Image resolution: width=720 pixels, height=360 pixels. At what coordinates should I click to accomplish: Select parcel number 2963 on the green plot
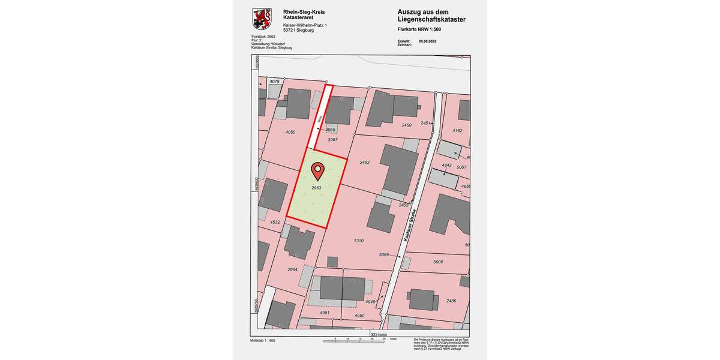[x=316, y=188]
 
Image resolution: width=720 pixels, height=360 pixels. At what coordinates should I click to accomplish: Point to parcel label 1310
[x=359, y=241]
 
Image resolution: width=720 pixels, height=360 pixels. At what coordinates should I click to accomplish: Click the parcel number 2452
[x=364, y=163]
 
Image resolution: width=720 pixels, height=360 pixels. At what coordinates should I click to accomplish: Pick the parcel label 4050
[x=290, y=132]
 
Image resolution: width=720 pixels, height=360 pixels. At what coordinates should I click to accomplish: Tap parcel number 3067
[x=332, y=140]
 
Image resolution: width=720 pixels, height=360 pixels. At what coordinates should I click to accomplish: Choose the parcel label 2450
[x=406, y=125]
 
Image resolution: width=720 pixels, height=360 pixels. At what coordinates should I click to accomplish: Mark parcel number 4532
[x=275, y=223]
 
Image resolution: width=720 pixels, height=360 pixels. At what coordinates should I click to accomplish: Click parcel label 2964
[x=292, y=270]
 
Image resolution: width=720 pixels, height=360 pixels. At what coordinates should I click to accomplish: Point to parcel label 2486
[x=451, y=301]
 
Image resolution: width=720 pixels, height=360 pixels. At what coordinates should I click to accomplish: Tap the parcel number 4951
[x=325, y=313]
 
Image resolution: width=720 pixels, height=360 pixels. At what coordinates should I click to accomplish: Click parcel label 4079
[x=275, y=82]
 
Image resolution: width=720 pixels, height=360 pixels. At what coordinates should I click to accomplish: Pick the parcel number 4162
[x=457, y=130]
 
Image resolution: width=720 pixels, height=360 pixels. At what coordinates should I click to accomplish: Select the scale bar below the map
[x=358, y=341]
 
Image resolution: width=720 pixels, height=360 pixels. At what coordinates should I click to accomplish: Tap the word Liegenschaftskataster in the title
[x=431, y=20]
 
